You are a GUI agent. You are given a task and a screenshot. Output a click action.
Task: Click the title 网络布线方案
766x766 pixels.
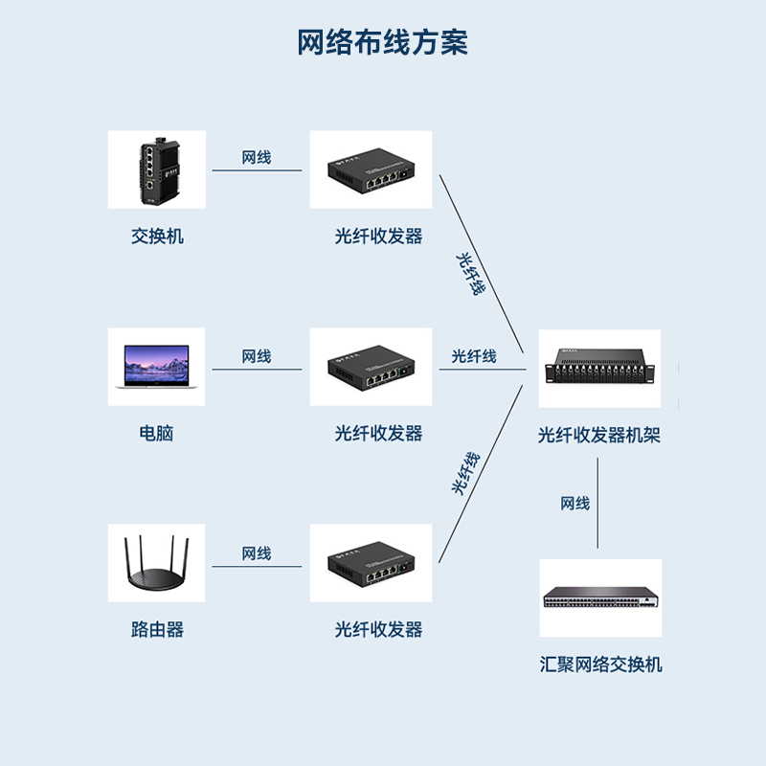click(x=382, y=42)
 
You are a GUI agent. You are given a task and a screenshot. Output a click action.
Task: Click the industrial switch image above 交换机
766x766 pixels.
click(x=157, y=169)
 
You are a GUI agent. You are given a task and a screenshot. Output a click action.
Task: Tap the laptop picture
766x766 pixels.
click(x=156, y=367)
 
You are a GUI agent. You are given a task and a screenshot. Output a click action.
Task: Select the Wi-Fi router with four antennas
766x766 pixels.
click(x=156, y=563)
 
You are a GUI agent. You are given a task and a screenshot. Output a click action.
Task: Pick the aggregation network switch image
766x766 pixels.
click(x=601, y=597)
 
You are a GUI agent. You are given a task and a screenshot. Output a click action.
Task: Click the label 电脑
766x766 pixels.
click(x=156, y=434)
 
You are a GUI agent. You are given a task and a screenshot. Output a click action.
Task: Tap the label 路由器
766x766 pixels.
click(x=157, y=629)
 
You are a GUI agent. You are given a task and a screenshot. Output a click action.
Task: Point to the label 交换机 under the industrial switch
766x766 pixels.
click(x=157, y=237)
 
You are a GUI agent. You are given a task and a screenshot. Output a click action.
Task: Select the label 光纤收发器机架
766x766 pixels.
click(x=599, y=435)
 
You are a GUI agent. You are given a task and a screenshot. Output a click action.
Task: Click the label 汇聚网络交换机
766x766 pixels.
click(x=601, y=665)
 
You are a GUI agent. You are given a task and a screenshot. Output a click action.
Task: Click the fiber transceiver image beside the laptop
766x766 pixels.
click(x=371, y=367)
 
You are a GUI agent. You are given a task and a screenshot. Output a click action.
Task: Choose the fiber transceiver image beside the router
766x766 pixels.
click(x=371, y=563)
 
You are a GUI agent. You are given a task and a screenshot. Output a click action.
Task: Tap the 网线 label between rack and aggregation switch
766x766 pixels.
click(x=575, y=504)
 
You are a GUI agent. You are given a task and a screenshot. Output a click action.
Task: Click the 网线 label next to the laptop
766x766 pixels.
click(x=257, y=356)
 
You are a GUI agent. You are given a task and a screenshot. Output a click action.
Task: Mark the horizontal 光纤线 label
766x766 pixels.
click(x=474, y=356)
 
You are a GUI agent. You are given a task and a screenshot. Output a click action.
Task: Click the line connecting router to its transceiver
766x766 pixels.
click(x=257, y=567)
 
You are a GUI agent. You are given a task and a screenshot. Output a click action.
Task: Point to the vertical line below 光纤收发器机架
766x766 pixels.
click(x=597, y=504)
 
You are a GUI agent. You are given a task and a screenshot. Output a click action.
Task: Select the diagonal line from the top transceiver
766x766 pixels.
click(x=482, y=264)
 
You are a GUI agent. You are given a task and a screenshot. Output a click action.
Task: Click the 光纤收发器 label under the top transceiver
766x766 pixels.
click(x=378, y=237)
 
